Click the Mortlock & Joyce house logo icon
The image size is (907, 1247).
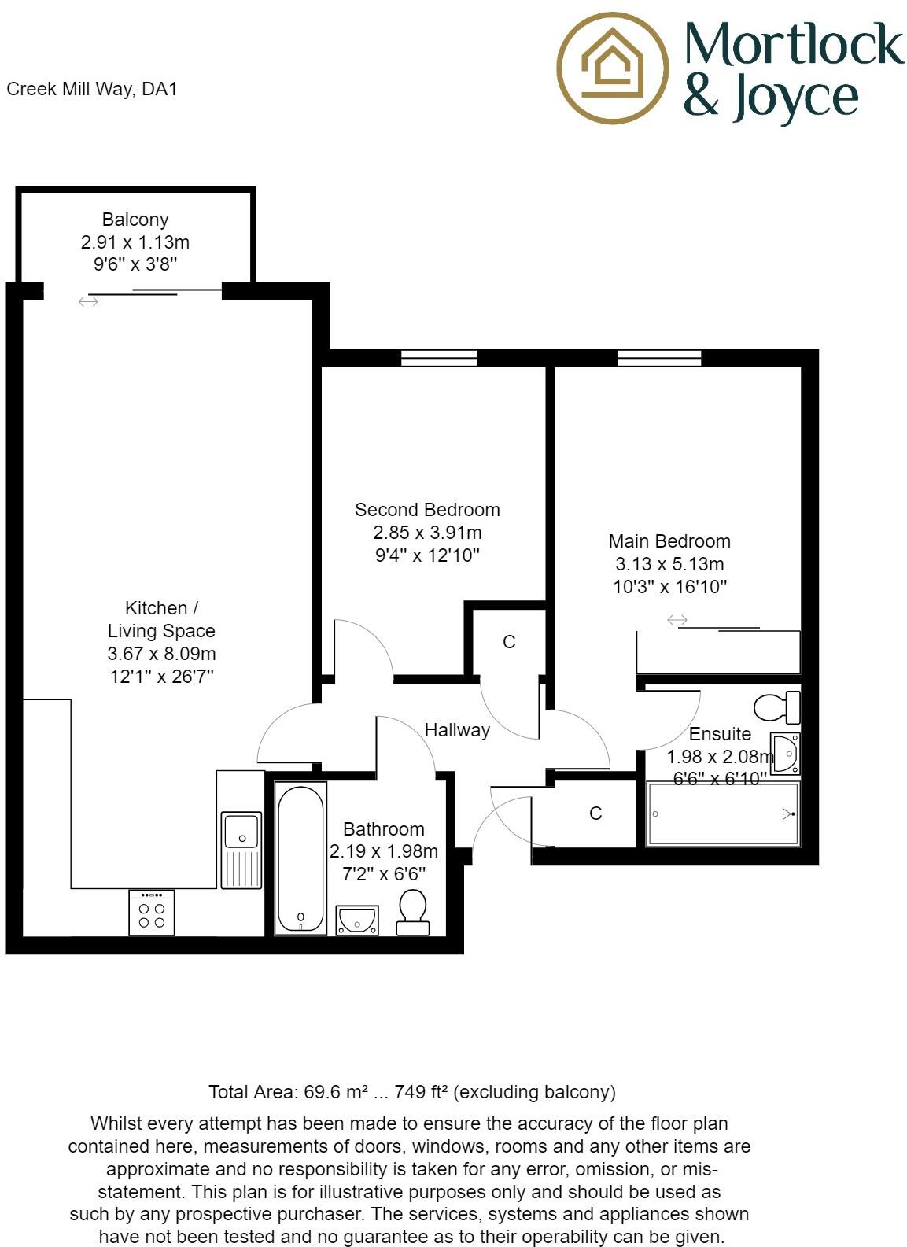(x=612, y=68)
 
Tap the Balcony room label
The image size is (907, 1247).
(x=135, y=220)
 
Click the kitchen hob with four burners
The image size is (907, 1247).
(x=152, y=913)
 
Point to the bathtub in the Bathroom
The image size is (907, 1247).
(x=300, y=857)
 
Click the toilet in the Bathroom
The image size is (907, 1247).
(x=413, y=912)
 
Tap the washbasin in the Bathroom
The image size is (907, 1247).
(x=357, y=920)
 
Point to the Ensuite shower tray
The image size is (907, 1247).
(x=722, y=814)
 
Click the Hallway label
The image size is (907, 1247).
(x=457, y=730)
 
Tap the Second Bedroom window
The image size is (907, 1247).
(x=439, y=359)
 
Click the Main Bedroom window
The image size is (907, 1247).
(x=659, y=359)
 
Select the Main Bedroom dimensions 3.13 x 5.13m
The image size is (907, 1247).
(x=669, y=564)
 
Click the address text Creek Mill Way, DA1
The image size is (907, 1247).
(x=92, y=89)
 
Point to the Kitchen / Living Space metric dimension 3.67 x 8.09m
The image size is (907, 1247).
(x=161, y=654)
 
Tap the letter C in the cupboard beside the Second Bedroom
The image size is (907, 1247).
(x=509, y=642)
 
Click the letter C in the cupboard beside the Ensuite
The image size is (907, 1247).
(x=595, y=814)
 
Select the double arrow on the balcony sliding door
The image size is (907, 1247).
(x=88, y=301)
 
